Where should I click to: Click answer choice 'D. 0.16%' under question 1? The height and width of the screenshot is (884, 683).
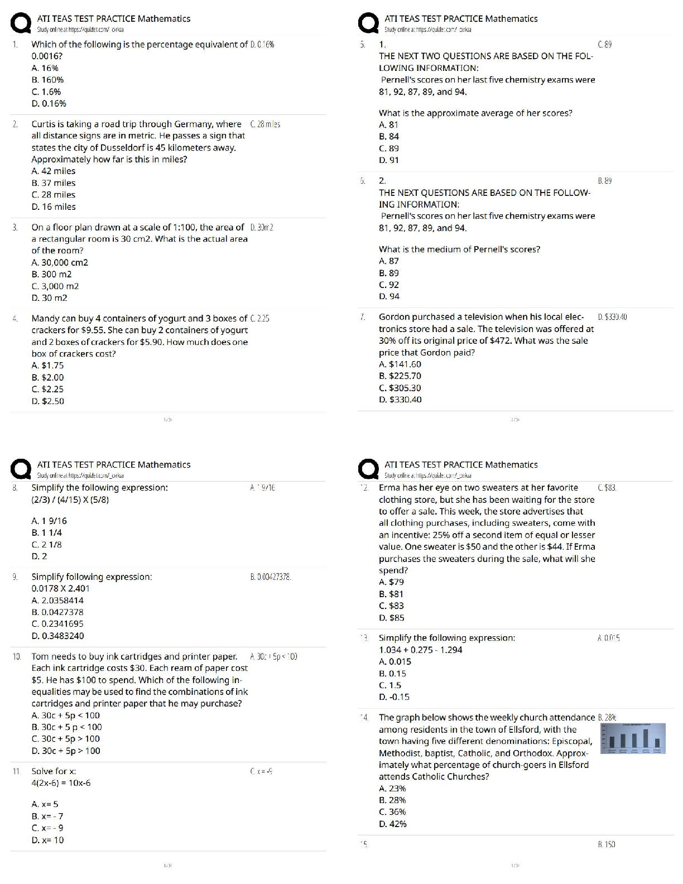(49, 104)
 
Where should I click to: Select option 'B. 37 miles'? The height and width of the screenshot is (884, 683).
(53, 183)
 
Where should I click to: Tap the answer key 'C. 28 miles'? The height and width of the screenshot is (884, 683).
(265, 124)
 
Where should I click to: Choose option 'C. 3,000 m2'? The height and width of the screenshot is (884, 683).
(55, 286)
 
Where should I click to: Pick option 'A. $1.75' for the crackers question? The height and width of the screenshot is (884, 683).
(47, 366)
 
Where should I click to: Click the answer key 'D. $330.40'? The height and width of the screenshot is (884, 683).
(612, 317)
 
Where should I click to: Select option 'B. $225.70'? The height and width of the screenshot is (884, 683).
(400, 376)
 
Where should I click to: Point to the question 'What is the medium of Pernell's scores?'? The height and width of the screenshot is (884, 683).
(459, 249)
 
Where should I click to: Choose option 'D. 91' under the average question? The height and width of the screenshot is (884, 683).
(388, 160)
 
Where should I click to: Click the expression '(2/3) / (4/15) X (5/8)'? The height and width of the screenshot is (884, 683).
(70, 499)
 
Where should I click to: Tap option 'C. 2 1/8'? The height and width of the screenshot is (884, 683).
(46, 545)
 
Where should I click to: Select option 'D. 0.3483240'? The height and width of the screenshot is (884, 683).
(57, 636)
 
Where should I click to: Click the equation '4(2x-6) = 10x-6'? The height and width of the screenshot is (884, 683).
(61, 783)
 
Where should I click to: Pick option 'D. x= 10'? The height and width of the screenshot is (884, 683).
(47, 840)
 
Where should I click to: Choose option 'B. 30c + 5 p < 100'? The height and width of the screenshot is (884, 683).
(66, 727)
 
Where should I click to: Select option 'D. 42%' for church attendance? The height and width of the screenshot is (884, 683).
(392, 824)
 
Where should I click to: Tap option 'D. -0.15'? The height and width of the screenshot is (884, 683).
(394, 697)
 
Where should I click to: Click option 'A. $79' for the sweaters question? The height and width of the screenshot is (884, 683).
(391, 582)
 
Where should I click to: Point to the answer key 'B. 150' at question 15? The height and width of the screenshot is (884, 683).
(606, 845)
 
